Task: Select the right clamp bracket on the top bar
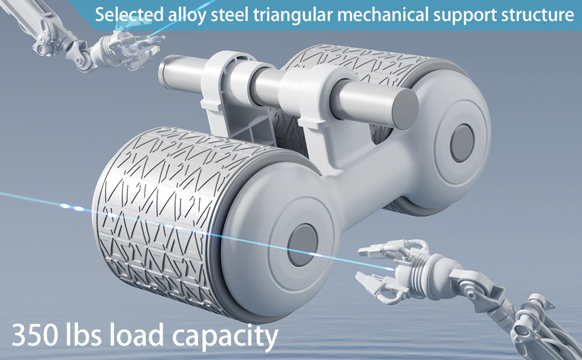click(312, 96)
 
